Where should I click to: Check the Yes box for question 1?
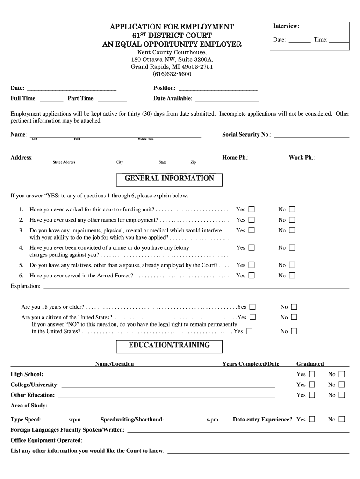click(252, 210)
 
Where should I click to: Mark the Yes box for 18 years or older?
click(252, 307)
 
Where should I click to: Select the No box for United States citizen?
click(294, 317)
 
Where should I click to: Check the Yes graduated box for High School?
click(312, 374)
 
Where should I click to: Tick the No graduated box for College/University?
click(342, 385)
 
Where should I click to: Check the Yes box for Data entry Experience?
click(312, 419)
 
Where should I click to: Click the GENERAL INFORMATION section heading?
click(169, 179)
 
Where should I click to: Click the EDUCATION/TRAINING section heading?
click(169, 346)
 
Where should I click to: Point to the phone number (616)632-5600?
click(172, 74)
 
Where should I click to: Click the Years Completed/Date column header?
click(251, 364)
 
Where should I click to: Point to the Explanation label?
click(25, 286)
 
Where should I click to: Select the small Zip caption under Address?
click(193, 162)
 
